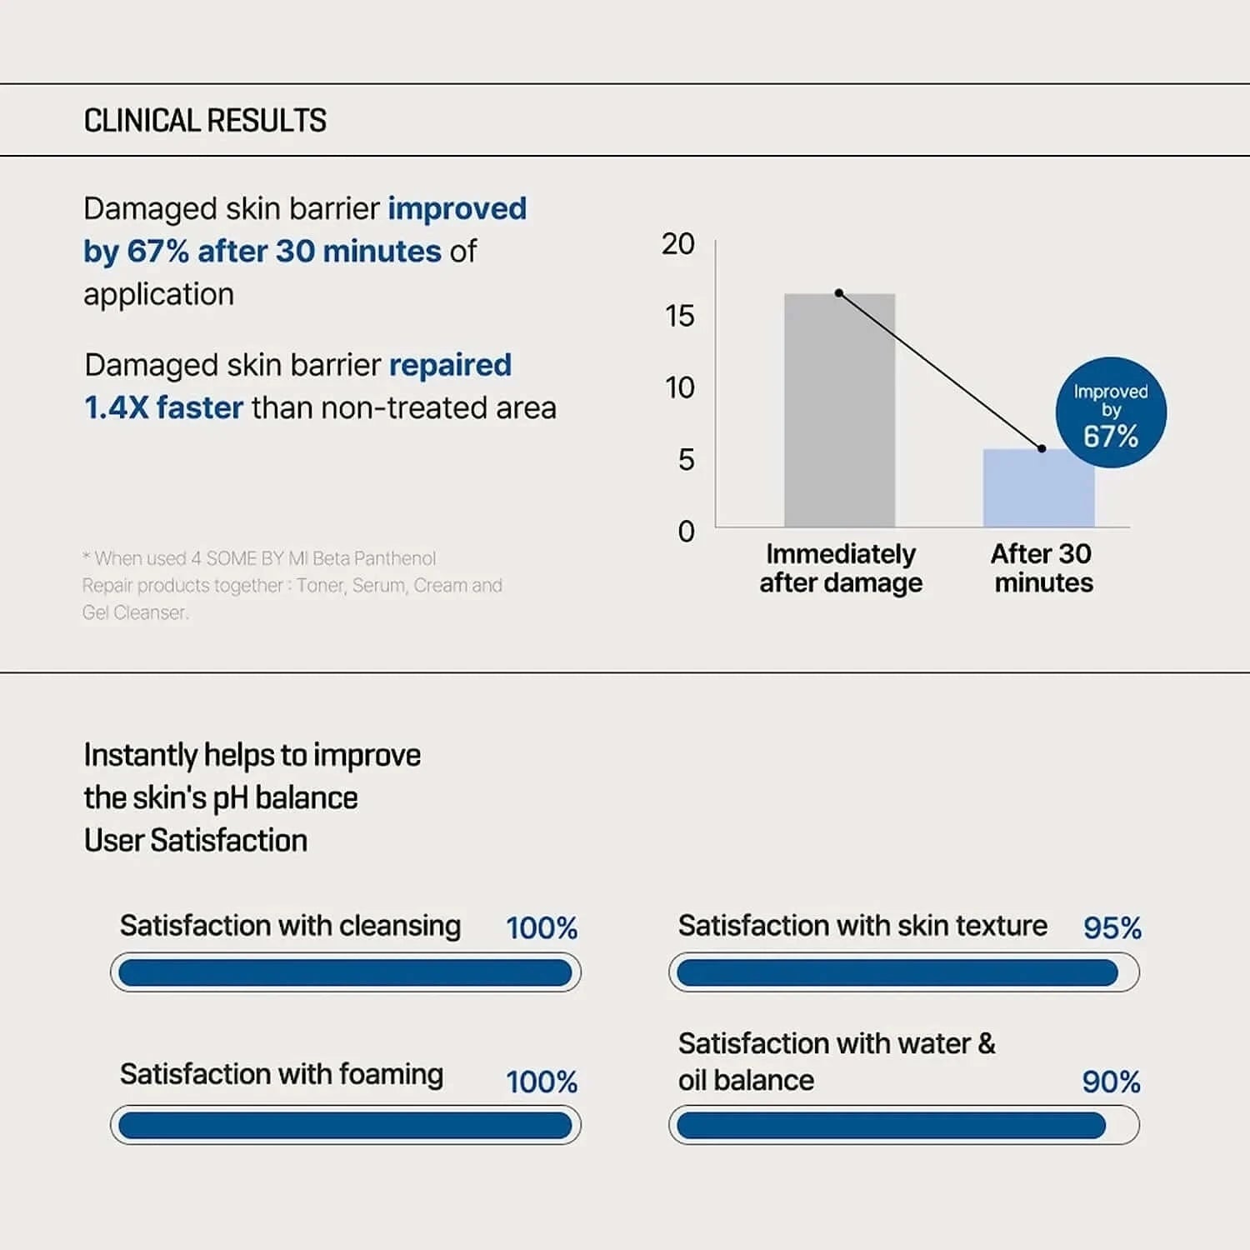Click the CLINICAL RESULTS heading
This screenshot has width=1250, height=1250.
[x=205, y=121]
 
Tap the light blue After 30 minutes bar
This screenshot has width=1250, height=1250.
[x=1038, y=489]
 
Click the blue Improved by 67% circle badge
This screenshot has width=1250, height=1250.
[x=1111, y=412]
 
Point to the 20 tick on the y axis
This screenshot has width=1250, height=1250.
[x=678, y=244]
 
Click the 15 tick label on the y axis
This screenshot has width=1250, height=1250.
[x=679, y=316]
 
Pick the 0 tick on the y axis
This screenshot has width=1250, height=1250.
[x=686, y=531]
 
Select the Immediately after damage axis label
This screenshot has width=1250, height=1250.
[x=840, y=568]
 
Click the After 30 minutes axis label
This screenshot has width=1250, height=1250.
[x=1042, y=568]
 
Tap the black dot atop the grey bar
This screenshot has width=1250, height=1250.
[x=839, y=293]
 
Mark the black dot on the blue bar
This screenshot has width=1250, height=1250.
[x=1042, y=448]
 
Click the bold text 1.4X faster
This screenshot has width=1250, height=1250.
[x=163, y=408]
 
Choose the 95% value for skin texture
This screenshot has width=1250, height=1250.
[x=1112, y=928]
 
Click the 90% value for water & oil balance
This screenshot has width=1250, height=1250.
[x=1111, y=1082]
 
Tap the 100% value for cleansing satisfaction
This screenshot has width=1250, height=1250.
[x=542, y=928]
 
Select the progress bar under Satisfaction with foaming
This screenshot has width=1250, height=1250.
[x=345, y=1126]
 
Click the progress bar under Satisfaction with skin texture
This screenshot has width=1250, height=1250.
[x=903, y=972]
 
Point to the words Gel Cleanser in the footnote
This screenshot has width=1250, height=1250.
[x=135, y=612]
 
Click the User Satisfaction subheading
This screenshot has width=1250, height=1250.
[x=196, y=841]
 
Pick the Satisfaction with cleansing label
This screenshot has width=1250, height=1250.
[x=290, y=926]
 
